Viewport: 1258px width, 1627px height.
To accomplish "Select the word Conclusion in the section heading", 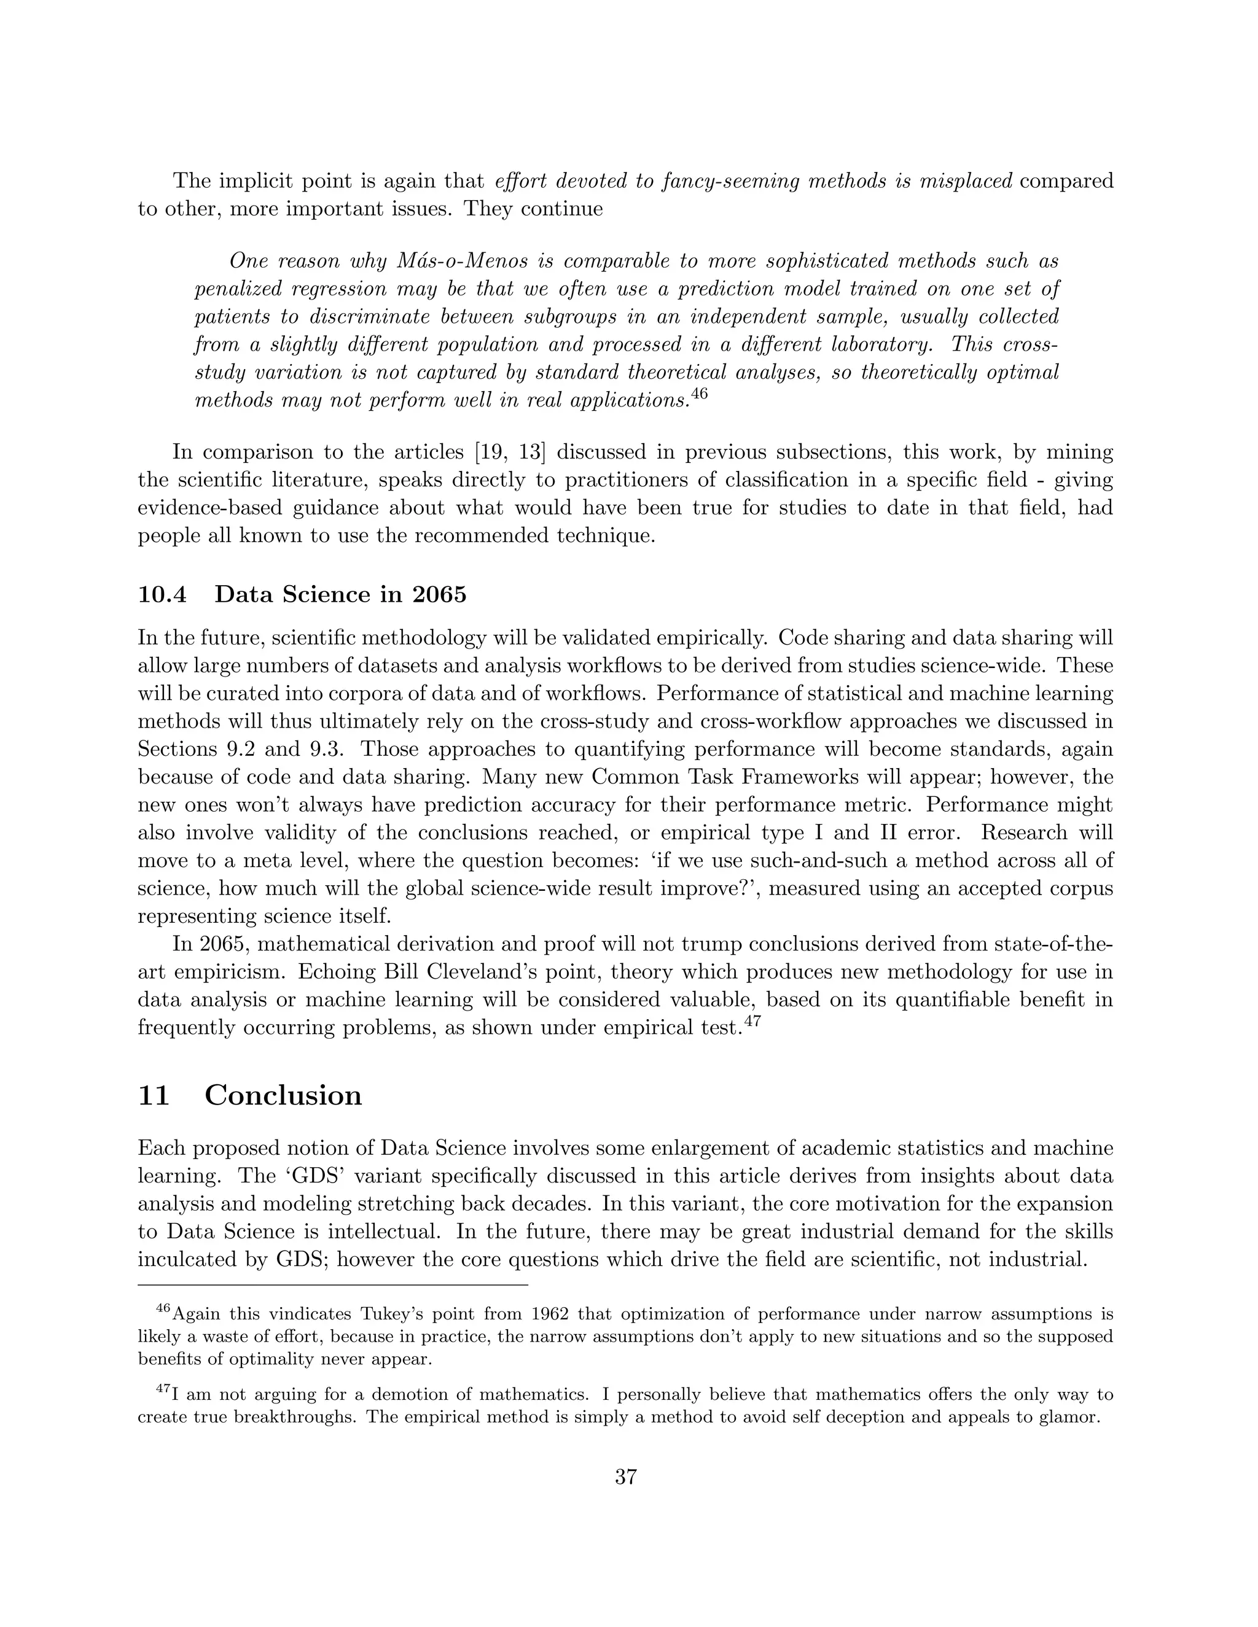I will point(283,1095).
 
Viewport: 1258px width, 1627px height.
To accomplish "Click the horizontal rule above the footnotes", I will point(332,1285).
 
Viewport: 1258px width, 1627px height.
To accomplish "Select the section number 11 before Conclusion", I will point(154,1095).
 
